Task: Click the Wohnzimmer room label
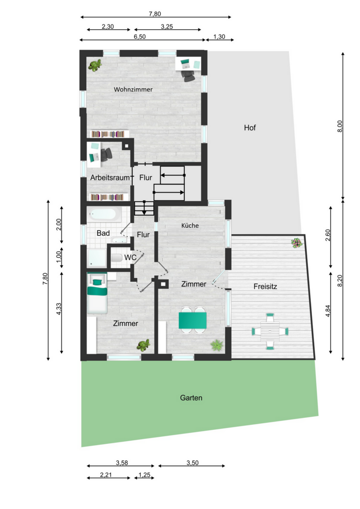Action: pos(133,89)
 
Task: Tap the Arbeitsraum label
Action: pos(110,178)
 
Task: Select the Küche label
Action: pos(190,225)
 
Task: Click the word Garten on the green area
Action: pos(191,398)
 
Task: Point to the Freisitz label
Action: pos(265,287)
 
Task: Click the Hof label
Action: pos(250,128)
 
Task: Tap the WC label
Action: pos(130,257)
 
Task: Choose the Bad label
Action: pos(103,233)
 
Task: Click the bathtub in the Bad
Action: pos(104,214)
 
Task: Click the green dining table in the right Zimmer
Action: pos(193,320)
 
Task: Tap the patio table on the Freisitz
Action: pos(270,331)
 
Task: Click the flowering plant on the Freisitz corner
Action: pos(296,243)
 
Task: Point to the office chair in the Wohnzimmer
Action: pos(188,76)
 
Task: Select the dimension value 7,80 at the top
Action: pos(155,14)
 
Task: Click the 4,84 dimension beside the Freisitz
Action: pos(328,311)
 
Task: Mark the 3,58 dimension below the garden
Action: pos(122,463)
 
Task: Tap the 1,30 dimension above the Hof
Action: pos(219,37)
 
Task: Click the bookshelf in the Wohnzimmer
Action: pos(108,134)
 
